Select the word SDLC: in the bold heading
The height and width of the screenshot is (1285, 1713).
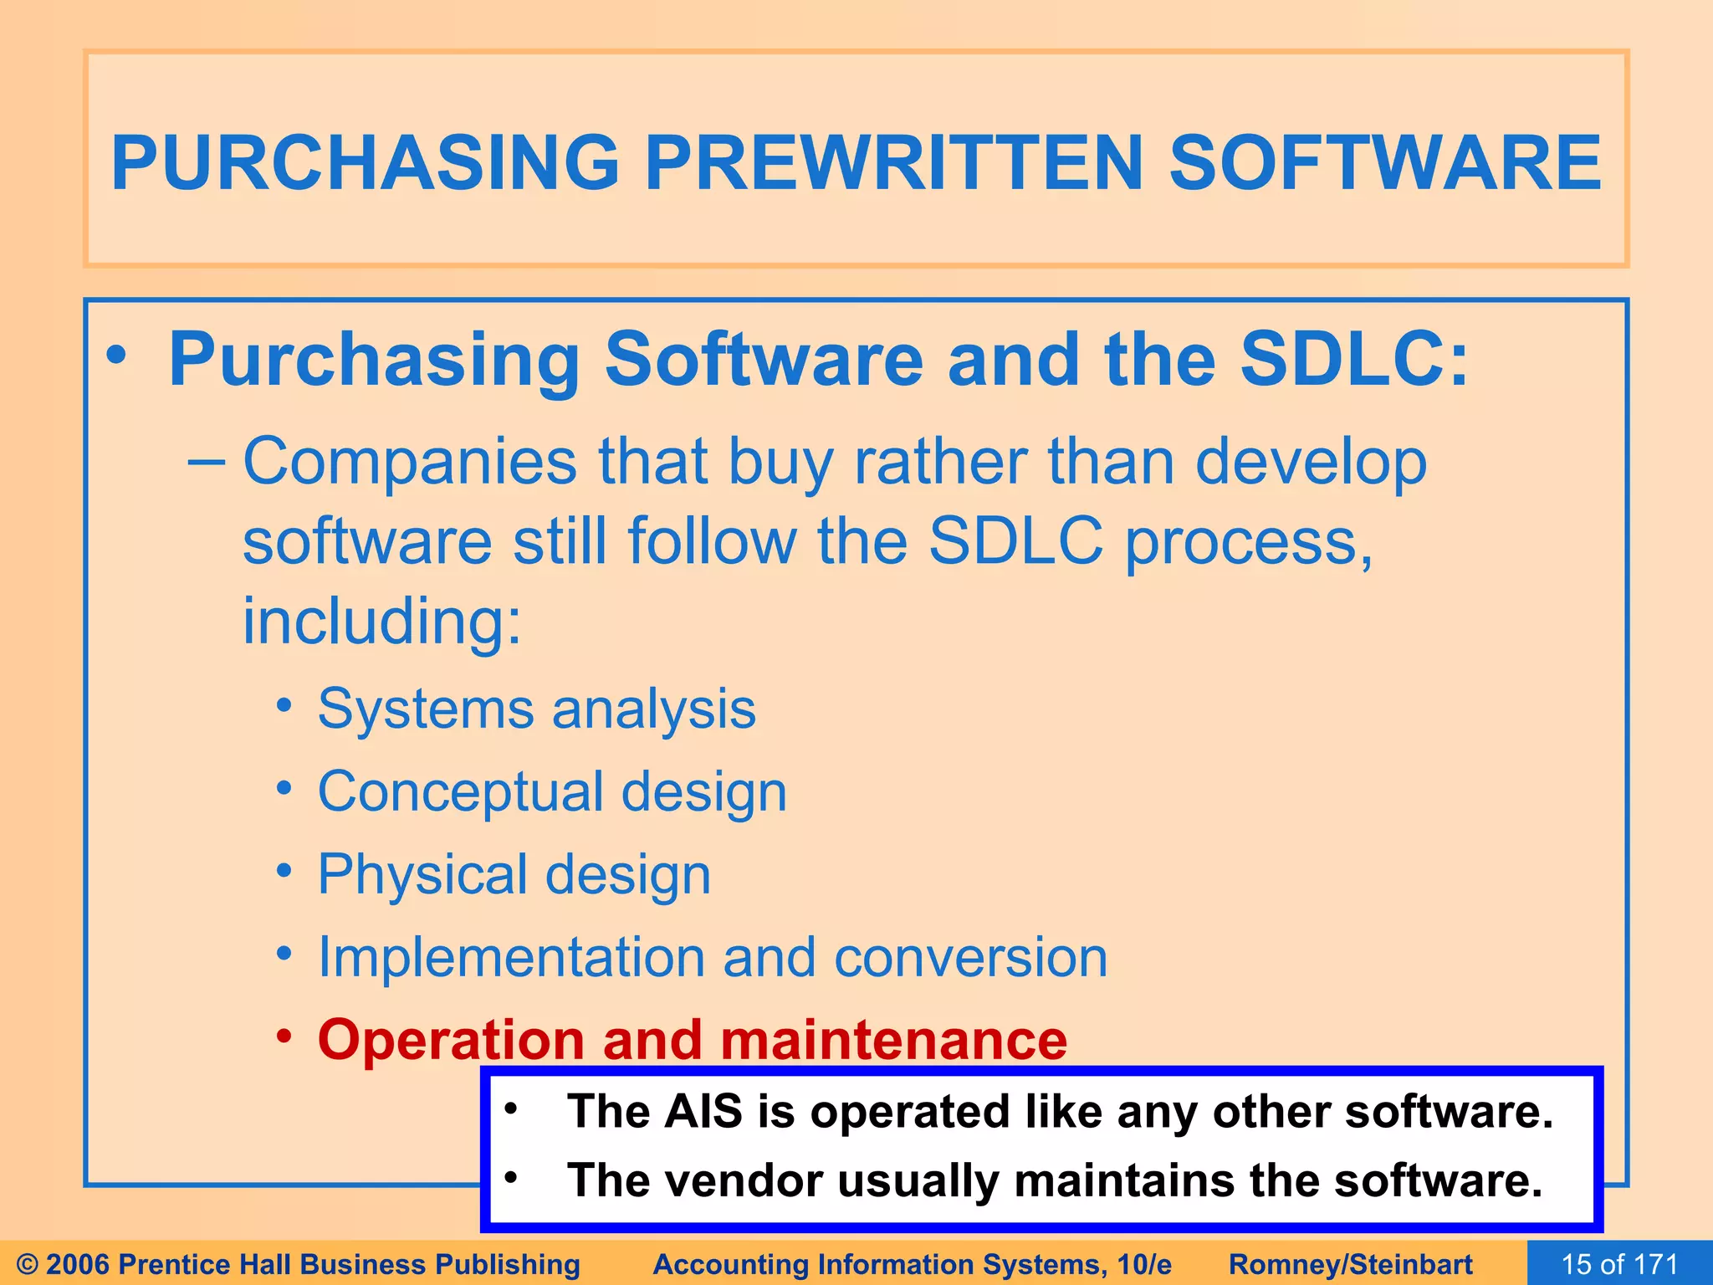pos(1354,360)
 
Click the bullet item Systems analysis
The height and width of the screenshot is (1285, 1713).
pos(536,709)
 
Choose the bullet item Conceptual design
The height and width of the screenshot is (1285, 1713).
pos(552,791)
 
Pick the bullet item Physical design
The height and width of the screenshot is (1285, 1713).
pos(514,874)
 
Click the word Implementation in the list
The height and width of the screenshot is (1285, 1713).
pos(511,957)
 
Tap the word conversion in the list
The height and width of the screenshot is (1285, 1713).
pos(970,957)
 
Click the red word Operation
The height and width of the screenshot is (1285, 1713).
pos(451,1040)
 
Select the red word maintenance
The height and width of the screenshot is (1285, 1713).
pos(893,1040)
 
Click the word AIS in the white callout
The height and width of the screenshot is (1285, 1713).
pos(703,1112)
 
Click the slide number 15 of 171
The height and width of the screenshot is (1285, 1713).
pos(1619,1263)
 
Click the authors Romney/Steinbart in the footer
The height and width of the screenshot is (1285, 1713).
pos(1350,1264)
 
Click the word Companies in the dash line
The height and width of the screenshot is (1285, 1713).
pos(410,462)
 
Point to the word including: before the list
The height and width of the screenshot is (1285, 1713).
pos(382,622)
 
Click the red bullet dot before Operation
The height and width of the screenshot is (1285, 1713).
pos(284,1037)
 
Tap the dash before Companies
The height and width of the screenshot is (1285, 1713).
pos(206,462)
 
